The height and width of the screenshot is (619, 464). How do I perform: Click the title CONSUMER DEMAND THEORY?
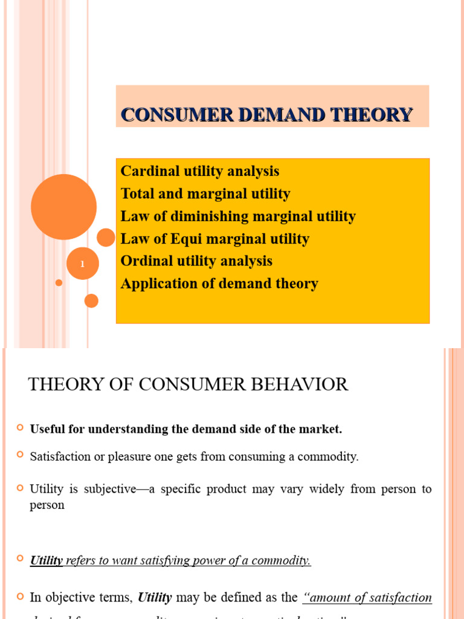pos(267,114)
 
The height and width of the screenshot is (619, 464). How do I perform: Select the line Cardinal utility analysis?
pos(200,171)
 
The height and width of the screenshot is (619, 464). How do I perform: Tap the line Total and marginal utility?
pos(205,193)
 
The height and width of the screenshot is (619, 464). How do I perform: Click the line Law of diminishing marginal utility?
pos(238,216)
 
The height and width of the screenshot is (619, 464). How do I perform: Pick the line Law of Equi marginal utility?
pos(215,239)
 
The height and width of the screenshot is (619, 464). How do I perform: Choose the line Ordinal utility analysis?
pos(196,261)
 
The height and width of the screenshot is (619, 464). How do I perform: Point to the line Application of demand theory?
pos(219,284)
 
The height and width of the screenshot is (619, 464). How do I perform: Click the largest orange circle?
pos(63,207)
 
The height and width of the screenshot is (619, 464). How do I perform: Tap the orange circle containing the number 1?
pos(82,264)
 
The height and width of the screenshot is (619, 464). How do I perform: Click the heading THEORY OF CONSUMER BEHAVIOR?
pos(188,384)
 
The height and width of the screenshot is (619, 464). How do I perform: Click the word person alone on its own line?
pos(47,505)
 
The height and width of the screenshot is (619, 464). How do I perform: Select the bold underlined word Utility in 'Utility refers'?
pos(47,560)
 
